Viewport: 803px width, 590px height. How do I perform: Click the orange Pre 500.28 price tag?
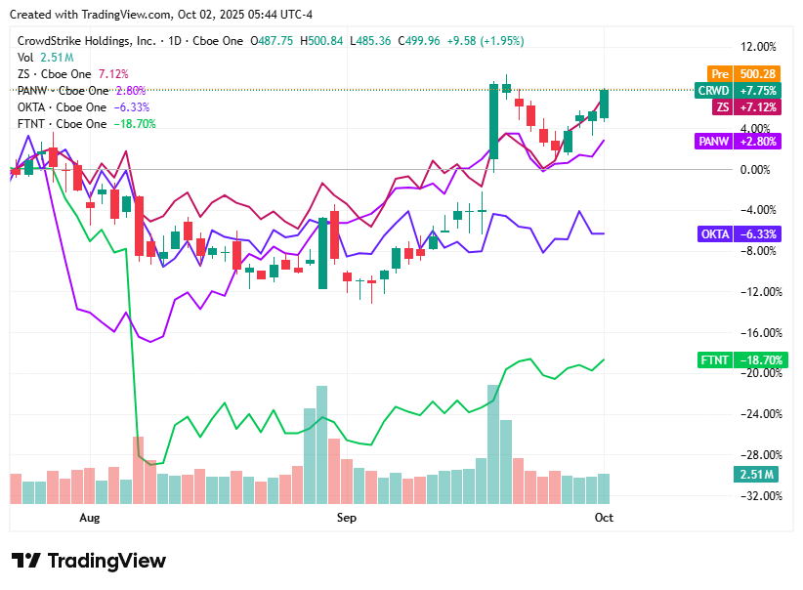[x=732, y=73]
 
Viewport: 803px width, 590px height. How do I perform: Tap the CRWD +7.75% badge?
[x=732, y=90]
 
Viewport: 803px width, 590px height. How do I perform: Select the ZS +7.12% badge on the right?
[x=732, y=106]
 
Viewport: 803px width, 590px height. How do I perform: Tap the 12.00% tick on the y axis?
[x=758, y=47]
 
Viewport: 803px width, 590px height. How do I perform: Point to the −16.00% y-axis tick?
[x=758, y=332]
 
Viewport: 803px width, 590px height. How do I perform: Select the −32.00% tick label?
[x=758, y=495]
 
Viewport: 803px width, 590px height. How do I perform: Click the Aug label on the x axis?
[x=90, y=517]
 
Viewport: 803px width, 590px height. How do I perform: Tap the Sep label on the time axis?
[x=347, y=517]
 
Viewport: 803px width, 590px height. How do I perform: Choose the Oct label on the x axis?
[x=604, y=517]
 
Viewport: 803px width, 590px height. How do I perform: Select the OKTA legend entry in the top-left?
[x=63, y=107]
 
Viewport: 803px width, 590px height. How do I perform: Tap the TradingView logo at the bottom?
[x=89, y=561]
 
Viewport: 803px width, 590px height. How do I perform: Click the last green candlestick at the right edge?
[x=605, y=104]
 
